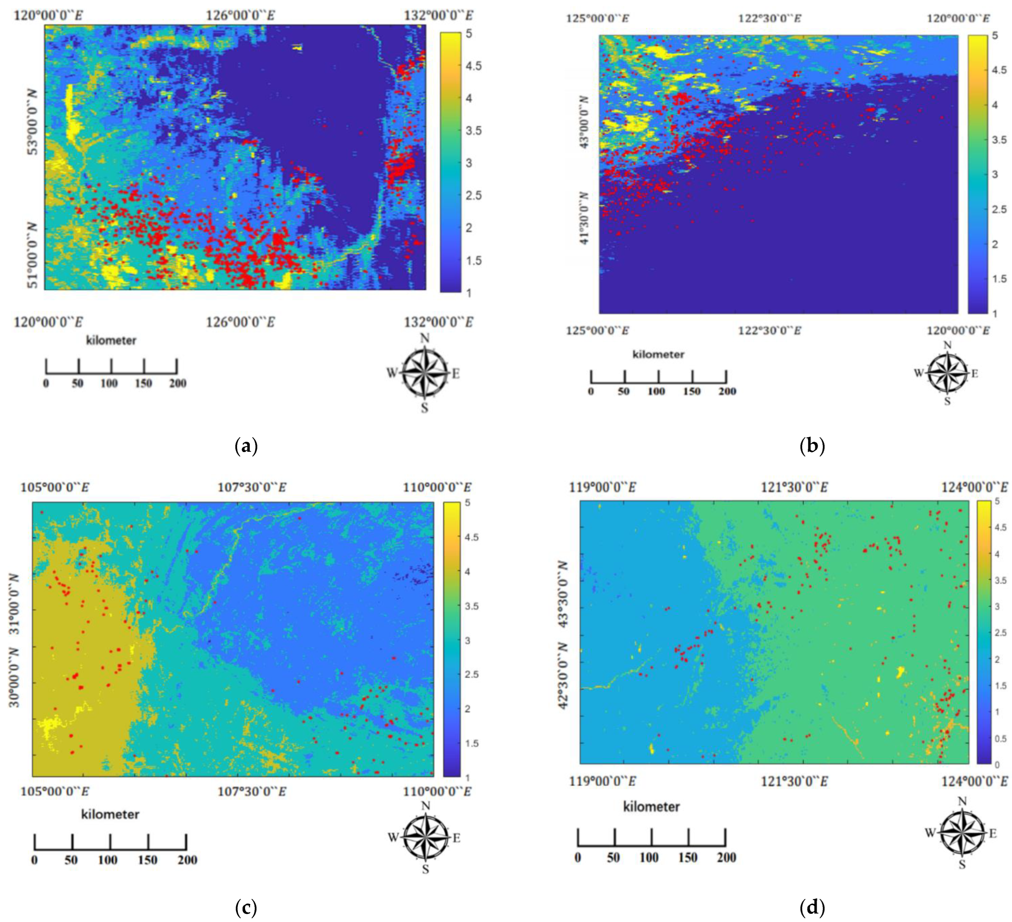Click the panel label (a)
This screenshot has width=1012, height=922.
coord(246,446)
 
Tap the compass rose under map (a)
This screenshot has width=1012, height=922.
coord(424,373)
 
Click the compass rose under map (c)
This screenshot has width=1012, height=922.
coord(425,837)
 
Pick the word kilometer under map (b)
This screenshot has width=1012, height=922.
coord(658,354)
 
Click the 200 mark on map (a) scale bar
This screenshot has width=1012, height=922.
coord(177,383)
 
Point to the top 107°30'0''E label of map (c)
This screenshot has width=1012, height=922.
coord(252,487)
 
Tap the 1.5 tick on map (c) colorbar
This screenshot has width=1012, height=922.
coord(472,743)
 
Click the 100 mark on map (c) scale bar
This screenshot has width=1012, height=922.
coord(108,860)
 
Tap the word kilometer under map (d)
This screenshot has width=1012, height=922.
coord(651,807)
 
